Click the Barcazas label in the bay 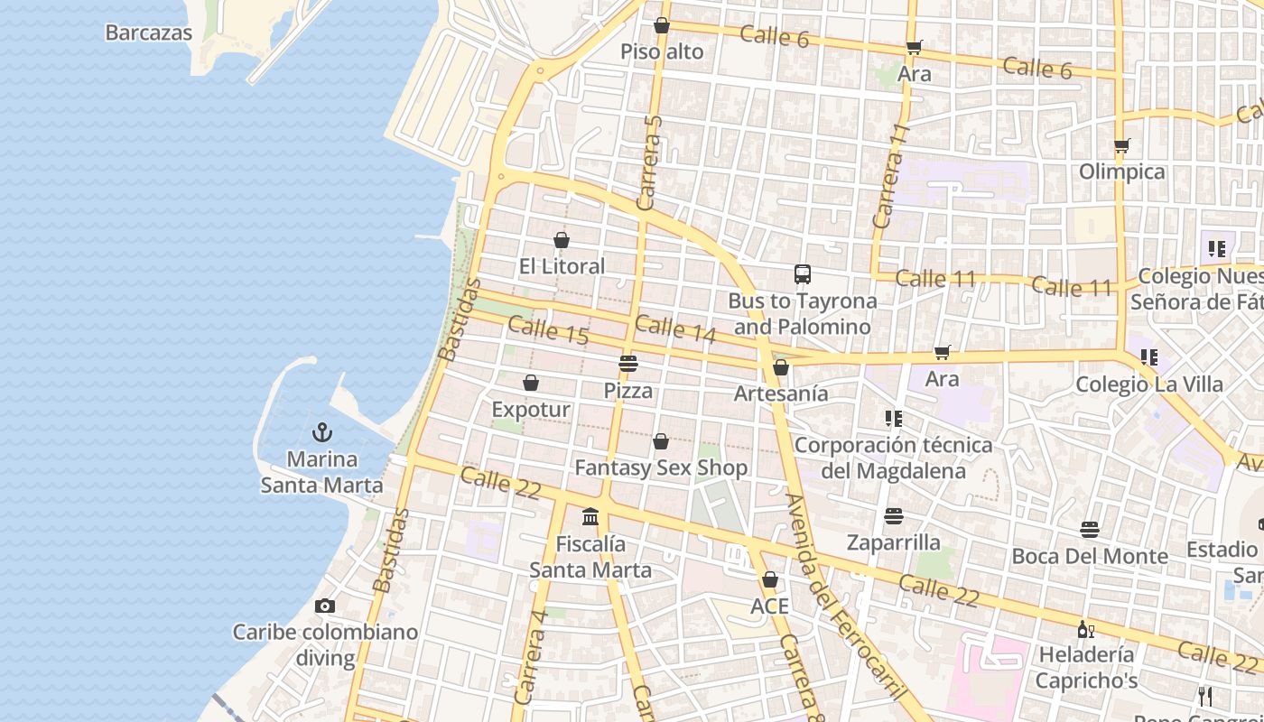pos(149,33)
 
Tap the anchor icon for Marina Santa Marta pos(322,433)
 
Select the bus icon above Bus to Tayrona pos(802,274)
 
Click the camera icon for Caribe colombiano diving pos(325,606)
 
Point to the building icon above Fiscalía pos(590,517)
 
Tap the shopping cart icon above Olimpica pos(1122,146)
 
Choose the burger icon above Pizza pos(628,364)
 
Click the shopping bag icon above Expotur pos(531,384)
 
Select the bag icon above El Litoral pos(562,240)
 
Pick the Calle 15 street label pos(548,331)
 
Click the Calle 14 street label pos(675,329)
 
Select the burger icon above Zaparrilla pos(894,516)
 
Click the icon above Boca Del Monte pos(1090,530)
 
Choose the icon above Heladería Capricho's pos(1085,629)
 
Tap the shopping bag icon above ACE pos(770,579)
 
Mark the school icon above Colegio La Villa pos(1148,357)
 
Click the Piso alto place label pos(662,52)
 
